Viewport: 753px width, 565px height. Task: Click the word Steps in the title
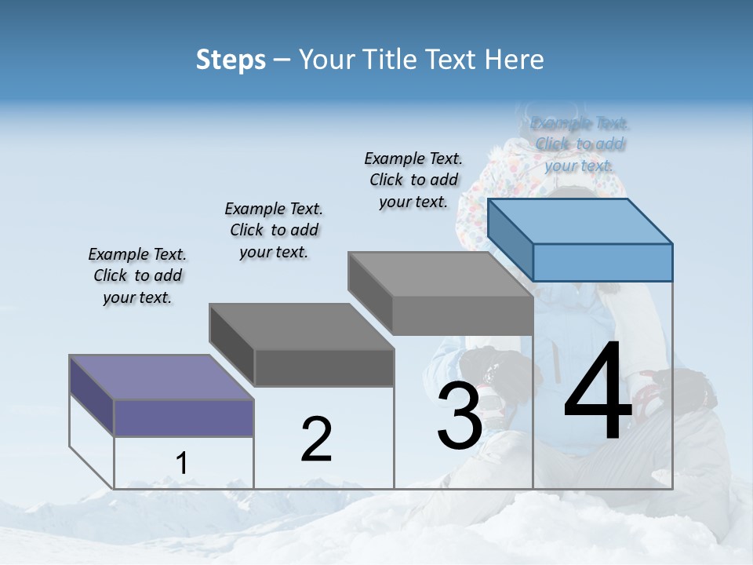point(231,60)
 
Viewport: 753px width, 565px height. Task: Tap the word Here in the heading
point(514,60)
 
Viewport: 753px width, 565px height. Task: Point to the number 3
point(459,416)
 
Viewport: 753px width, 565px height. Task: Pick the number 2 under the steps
point(316,439)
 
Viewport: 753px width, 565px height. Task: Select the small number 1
point(182,464)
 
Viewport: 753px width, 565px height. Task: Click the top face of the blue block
point(580,221)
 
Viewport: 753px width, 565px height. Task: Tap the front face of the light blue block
point(602,262)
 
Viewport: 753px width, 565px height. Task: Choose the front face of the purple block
point(184,417)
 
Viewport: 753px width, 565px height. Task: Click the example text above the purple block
point(137,275)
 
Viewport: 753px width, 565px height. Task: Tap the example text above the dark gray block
point(274,230)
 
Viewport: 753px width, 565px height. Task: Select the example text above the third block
point(413,180)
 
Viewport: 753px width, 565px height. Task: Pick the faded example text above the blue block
point(580,144)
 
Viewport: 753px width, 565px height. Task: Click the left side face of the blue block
point(511,239)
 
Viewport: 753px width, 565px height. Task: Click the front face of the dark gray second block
point(324,367)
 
